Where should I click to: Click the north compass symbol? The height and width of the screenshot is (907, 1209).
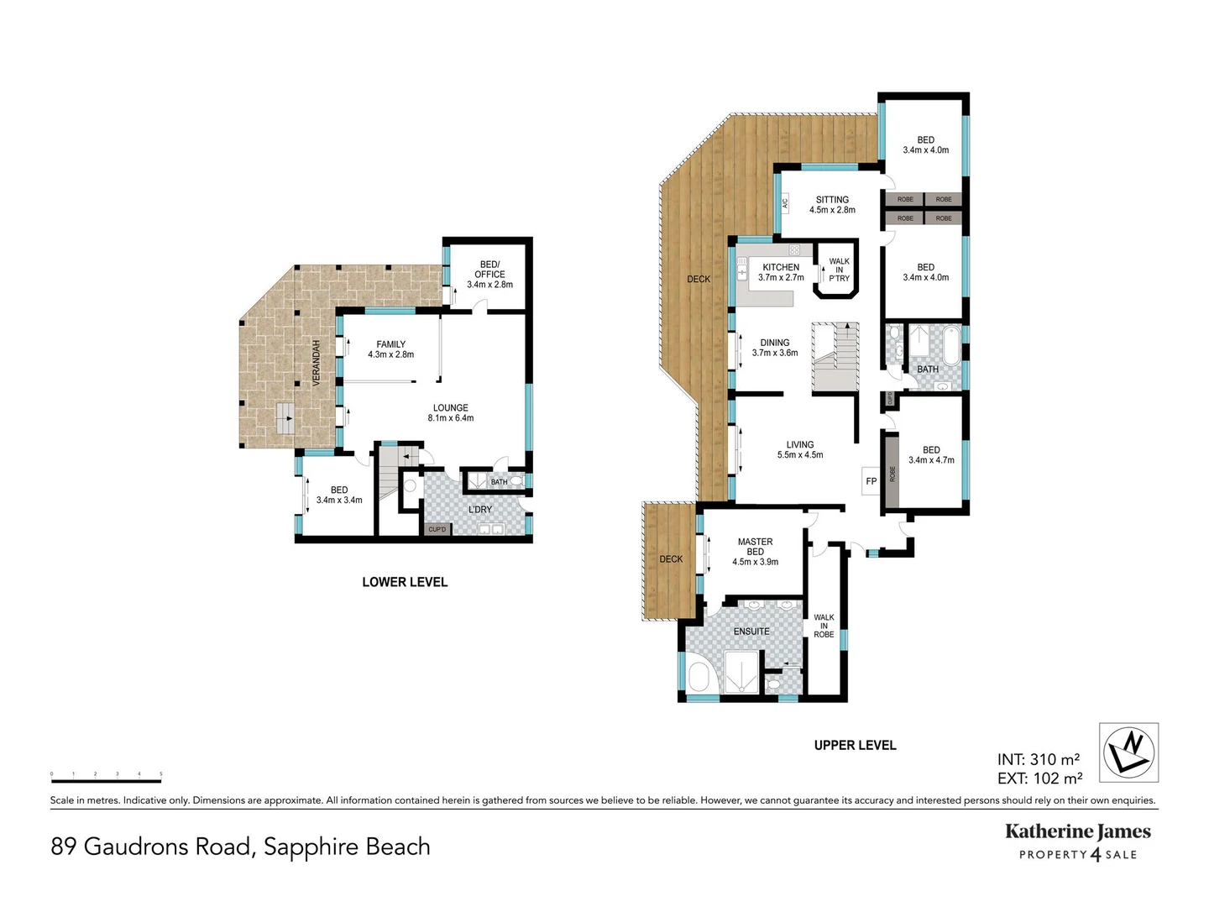pyautogui.click(x=1128, y=752)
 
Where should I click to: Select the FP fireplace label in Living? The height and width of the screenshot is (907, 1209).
pyautogui.click(x=871, y=481)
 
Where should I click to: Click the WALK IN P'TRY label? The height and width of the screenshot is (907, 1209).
pyautogui.click(x=839, y=270)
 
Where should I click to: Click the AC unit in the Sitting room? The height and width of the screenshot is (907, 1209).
pyautogui.click(x=785, y=202)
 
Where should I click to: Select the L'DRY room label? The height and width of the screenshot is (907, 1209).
pyautogui.click(x=480, y=510)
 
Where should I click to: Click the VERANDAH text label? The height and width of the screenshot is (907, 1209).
pyautogui.click(x=317, y=363)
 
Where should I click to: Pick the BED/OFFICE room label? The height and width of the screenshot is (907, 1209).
pyautogui.click(x=489, y=274)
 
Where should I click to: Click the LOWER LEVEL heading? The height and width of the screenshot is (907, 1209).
pyautogui.click(x=405, y=582)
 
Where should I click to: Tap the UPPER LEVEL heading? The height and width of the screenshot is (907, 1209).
pyautogui.click(x=855, y=745)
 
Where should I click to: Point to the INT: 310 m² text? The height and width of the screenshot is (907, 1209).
pyautogui.click(x=1039, y=760)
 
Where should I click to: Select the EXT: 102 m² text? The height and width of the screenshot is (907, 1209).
pyautogui.click(x=1039, y=779)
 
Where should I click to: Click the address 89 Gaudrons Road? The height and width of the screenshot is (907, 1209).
pyautogui.click(x=240, y=847)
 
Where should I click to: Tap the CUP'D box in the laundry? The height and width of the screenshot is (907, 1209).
pyautogui.click(x=437, y=529)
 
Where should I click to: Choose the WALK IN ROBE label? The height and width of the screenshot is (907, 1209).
pyautogui.click(x=824, y=626)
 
